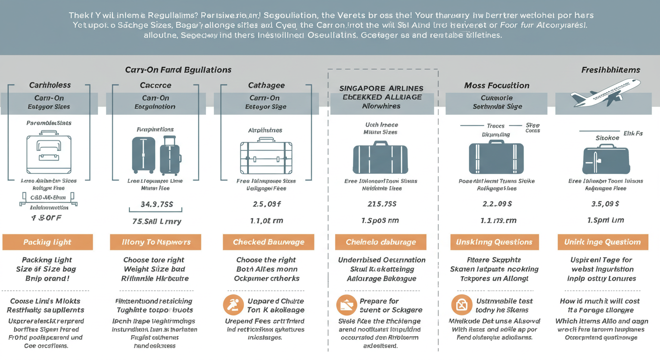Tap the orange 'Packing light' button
(x=47, y=242)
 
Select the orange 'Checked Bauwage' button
(x=269, y=242)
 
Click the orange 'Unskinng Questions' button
(x=494, y=242)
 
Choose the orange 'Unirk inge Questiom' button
(x=602, y=242)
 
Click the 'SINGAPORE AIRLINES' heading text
(x=381, y=88)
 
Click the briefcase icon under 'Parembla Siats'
(x=49, y=154)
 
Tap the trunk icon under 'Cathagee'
(x=266, y=156)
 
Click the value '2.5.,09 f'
(x=266, y=204)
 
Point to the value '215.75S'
(x=382, y=204)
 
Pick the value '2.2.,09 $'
(x=497, y=204)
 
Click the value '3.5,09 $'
(x=605, y=204)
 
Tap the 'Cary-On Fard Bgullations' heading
(x=178, y=70)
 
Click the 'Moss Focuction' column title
(x=497, y=85)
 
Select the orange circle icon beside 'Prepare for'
(x=346, y=305)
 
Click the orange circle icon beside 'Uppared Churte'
(x=233, y=305)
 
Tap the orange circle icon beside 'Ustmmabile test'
(x=461, y=305)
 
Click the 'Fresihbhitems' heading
(x=610, y=70)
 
